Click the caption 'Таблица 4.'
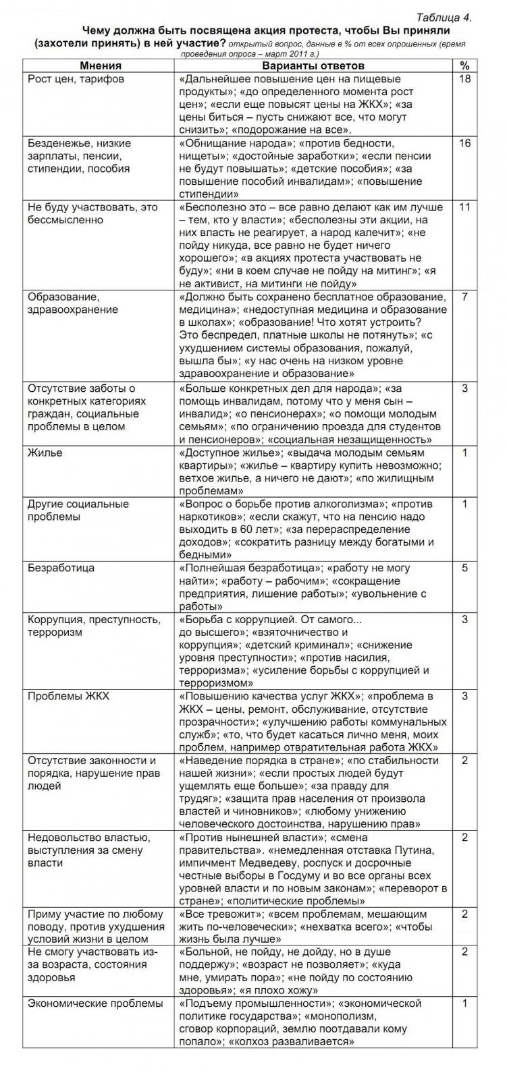(x=444, y=18)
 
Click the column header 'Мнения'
(x=100, y=65)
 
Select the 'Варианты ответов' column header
(x=313, y=65)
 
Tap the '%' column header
(x=464, y=65)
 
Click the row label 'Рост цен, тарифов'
(x=76, y=80)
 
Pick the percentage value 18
(x=464, y=80)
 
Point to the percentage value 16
(x=464, y=144)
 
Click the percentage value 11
(x=464, y=208)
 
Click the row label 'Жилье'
(x=45, y=453)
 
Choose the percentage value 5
(x=464, y=568)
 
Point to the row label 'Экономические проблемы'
(x=95, y=1003)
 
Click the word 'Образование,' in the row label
(x=63, y=297)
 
